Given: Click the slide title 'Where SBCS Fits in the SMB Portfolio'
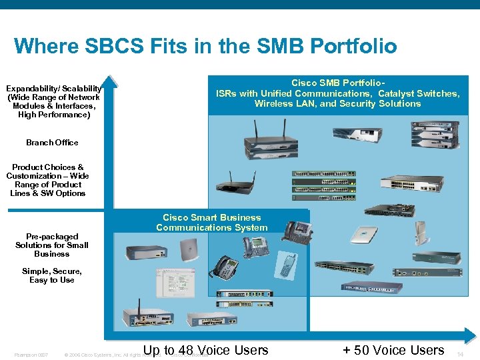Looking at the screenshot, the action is pyautogui.click(x=205, y=46).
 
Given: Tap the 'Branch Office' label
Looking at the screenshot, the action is pyautogui.click(x=52, y=143).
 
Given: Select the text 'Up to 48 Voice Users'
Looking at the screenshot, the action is pyautogui.click(x=206, y=349).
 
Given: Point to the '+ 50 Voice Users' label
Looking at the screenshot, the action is pyautogui.click(x=393, y=349).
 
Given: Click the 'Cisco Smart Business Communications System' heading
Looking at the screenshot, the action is pyautogui.click(x=212, y=223).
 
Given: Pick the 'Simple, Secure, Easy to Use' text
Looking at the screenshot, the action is pyautogui.click(x=52, y=276).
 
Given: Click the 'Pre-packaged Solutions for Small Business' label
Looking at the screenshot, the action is pyautogui.click(x=52, y=245).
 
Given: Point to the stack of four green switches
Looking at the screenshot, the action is pyautogui.click(x=324, y=185).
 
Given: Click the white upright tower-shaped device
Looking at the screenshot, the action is pyautogui.click(x=421, y=235).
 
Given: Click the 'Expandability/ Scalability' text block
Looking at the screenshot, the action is pyautogui.click(x=53, y=101).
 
